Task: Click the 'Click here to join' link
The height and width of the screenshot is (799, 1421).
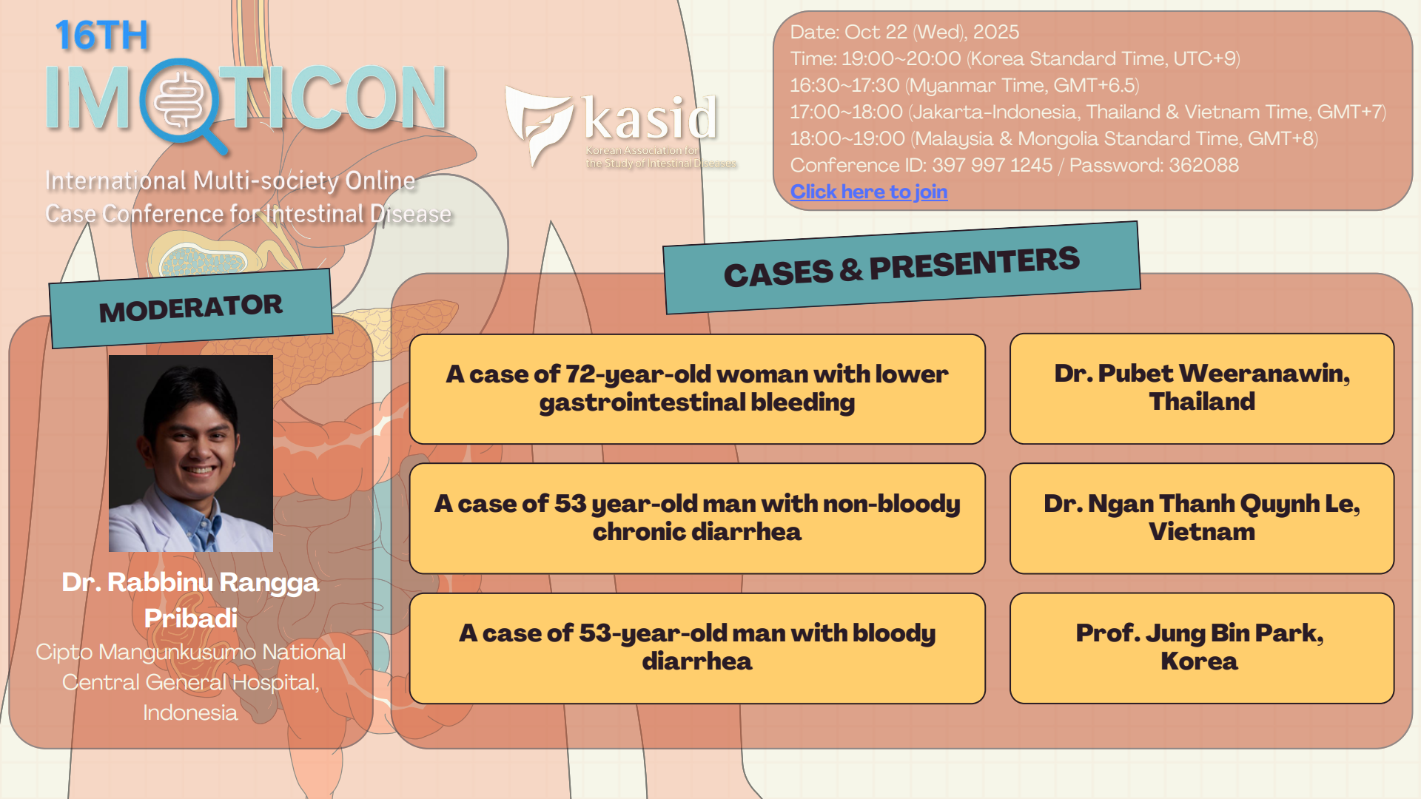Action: (x=869, y=192)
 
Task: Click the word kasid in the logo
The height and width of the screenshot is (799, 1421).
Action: (x=650, y=118)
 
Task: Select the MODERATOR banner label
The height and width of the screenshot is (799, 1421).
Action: (x=191, y=308)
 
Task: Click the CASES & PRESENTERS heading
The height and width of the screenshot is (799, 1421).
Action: (x=901, y=267)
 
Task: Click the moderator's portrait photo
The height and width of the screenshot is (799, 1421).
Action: (x=191, y=454)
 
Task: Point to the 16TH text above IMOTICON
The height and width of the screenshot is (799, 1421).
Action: (x=101, y=36)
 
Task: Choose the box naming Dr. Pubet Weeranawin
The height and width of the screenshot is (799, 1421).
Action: (x=1202, y=388)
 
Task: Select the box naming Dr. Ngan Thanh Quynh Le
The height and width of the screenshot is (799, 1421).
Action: (x=1202, y=518)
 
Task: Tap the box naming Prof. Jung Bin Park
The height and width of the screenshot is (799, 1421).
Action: (x=1202, y=648)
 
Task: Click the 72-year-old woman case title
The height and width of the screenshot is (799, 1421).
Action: (x=697, y=388)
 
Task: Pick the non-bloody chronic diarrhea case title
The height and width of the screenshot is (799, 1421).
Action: (x=697, y=518)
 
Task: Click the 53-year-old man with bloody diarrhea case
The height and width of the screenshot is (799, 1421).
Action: (x=697, y=648)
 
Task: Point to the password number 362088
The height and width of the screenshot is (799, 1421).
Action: (x=1203, y=165)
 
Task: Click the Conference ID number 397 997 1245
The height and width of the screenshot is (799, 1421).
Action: (x=992, y=165)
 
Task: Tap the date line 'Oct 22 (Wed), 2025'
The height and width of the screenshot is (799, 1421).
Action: (x=932, y=32)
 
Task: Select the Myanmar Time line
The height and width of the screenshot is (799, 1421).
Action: (x=964, y=85)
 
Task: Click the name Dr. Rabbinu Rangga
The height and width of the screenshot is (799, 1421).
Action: (x=190, y=582)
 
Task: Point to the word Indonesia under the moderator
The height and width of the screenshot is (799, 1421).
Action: (x=190, y=712)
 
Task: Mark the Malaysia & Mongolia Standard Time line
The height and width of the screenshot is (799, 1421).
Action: (x=1054, y=138)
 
